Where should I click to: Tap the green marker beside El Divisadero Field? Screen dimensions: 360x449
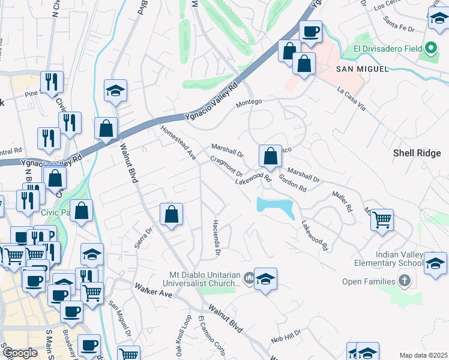click(430, 49)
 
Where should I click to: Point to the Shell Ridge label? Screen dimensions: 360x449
click(417, 153)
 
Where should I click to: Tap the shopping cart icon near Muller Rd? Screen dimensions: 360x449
click(382, 221)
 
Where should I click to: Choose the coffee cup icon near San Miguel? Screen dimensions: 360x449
click(310, 32)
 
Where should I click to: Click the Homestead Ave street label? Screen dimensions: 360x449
click(178, 142)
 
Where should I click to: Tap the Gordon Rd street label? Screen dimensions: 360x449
click(293, 183)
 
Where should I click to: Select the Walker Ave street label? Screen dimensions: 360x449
click(153, 290)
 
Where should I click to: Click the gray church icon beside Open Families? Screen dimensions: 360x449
click(405, 281)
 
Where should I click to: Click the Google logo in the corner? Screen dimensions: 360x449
click(20, 353)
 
